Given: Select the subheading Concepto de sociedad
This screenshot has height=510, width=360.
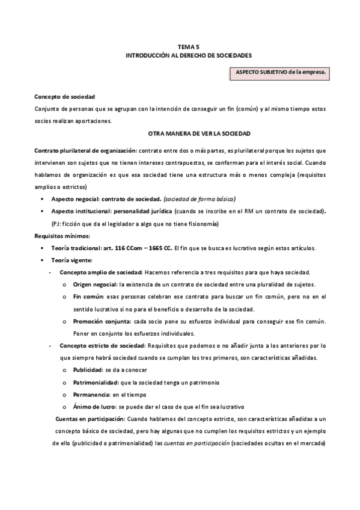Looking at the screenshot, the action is pyautogui.click(x=64, y=97).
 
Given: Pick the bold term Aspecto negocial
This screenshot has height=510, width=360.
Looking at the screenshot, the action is pyautogui.click(x=75, y=198).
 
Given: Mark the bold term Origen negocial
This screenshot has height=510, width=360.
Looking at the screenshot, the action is pyautogui.click(x=95, y=284).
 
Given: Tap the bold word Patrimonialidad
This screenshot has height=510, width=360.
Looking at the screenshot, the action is pyautogui.click(x=96, y=382).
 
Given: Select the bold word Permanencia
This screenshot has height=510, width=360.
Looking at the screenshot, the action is pyautogui.click(x=91, y=395).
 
